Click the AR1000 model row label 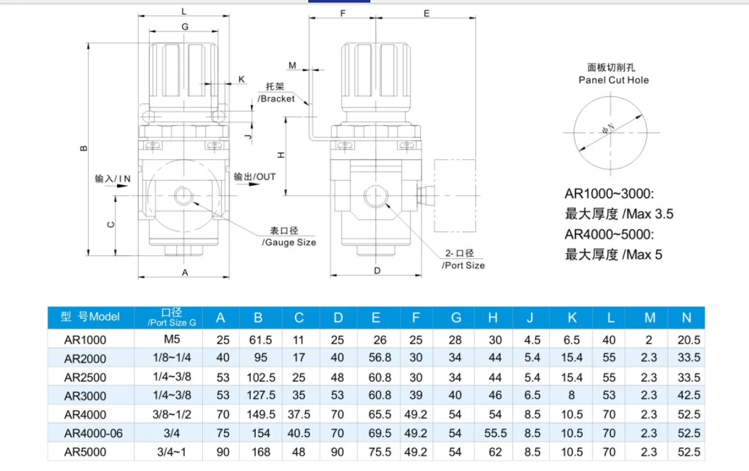(85, 339)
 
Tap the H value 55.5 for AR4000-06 (495, 433)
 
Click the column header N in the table (687, 318)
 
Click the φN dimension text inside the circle (609, 129)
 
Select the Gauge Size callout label (288, 242)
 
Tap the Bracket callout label (276, 98)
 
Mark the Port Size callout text (463, 265)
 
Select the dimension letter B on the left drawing (83, 148)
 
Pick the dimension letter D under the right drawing (377, 271)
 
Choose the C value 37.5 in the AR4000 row (299, 415)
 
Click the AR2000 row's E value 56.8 (375, 359)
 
